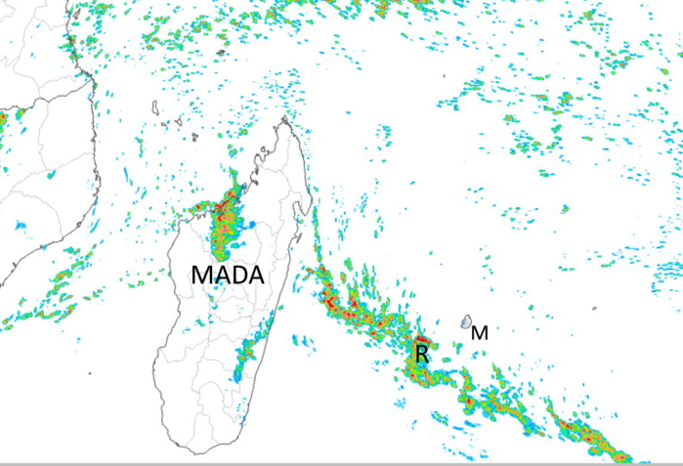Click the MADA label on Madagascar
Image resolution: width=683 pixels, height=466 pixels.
point(228,275)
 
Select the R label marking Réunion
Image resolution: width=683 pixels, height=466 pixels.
point(422,354)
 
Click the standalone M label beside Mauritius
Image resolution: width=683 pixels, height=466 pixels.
point(480,333)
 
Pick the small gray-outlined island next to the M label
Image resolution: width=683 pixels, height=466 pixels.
point(468,321)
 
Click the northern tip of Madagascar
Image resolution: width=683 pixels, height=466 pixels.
point(286,120)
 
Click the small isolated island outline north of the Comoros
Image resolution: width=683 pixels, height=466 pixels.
point(222,52)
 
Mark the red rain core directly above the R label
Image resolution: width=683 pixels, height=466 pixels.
point(418,339)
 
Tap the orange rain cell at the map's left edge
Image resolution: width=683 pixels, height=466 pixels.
point(3,117)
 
